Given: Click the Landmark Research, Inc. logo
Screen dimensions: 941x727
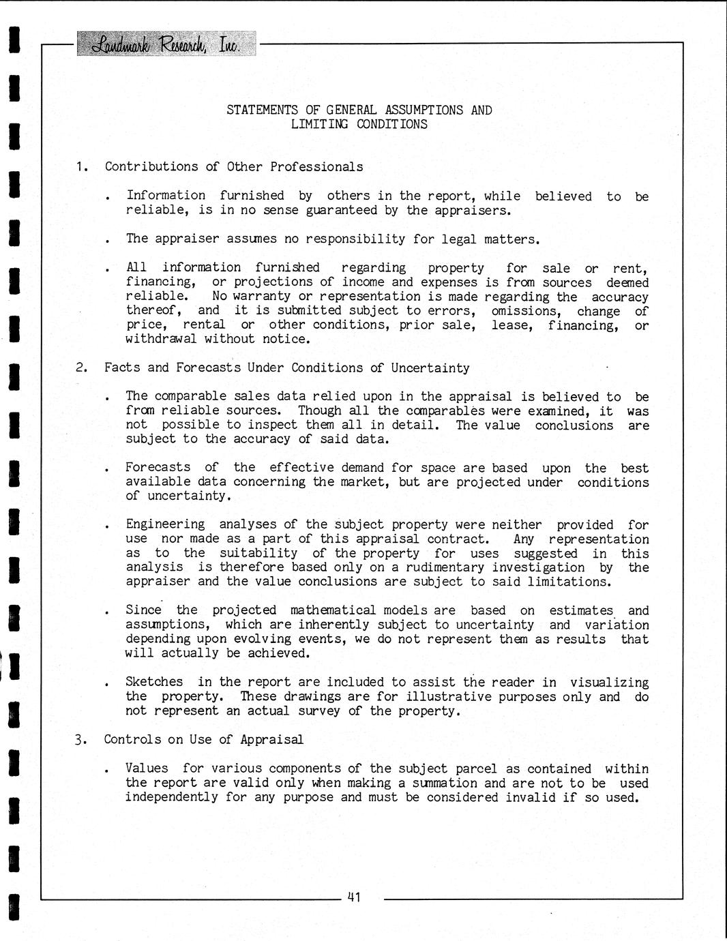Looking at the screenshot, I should (166, 44).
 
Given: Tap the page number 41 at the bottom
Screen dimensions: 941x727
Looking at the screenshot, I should (353, 897).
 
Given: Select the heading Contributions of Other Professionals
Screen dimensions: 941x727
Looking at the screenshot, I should (234, 166).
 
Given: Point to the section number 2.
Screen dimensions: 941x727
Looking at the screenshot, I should (81, 368).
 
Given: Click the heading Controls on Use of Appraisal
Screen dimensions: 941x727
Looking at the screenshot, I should (203, 739).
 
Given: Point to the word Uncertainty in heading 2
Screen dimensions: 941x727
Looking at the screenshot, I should (430, 368).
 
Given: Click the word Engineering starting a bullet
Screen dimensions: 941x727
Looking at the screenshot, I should (165, 524).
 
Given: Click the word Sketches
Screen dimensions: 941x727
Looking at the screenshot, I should (154, 682).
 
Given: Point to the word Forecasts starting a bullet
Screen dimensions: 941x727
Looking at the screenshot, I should (158, 467).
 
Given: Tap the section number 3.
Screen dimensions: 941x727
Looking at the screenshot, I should (81, 739).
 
